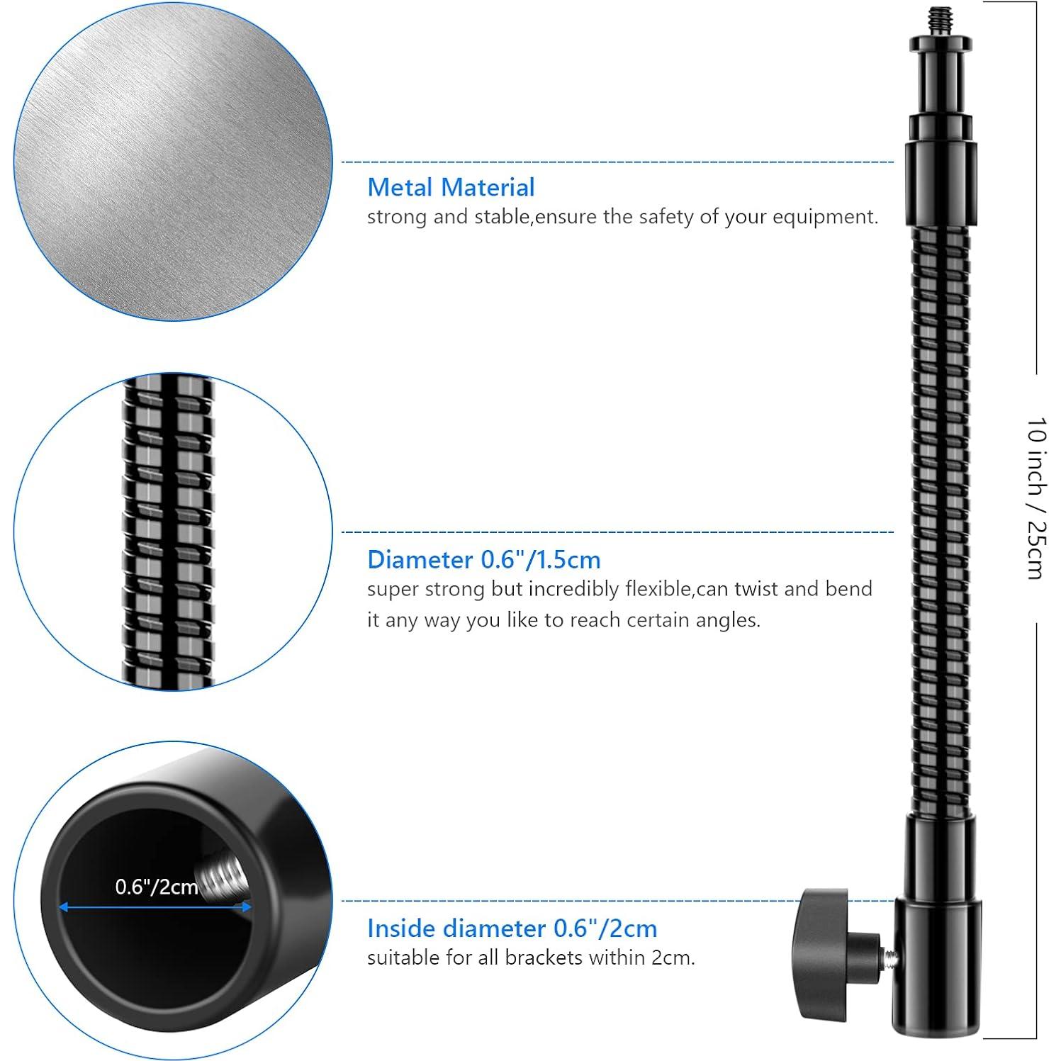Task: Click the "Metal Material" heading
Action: click(x=451, y=188)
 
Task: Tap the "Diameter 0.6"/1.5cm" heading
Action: click(x=483, y=560)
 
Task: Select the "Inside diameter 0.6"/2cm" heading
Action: click(x=512, y=928)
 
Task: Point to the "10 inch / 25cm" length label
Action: click(x=1035, y=498)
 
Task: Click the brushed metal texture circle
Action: click(x=172, y=162)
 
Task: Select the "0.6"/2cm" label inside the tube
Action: click(x=157, y=887)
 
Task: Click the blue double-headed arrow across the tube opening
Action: click(x=155, y=906)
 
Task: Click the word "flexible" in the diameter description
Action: click(x=658, y=589)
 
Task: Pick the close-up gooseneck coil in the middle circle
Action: click(x=171, y=532)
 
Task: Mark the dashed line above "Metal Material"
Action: click(x=617, y=162)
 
